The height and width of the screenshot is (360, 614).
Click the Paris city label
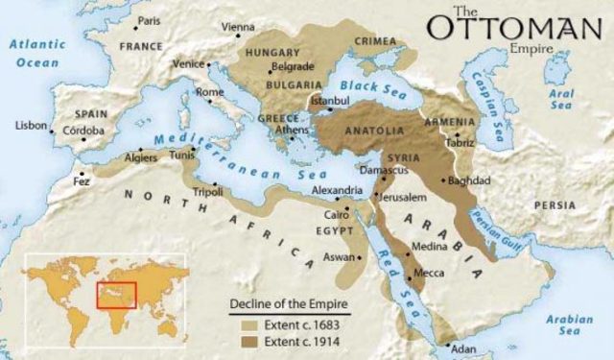[x=149, y=20]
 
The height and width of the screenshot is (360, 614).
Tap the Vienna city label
[x=239, y=27]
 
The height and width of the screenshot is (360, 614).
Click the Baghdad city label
[x=469, y=180]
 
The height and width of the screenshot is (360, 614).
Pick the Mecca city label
[x=428, y=274]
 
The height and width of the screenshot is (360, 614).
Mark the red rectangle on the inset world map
[x=116, y=294]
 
